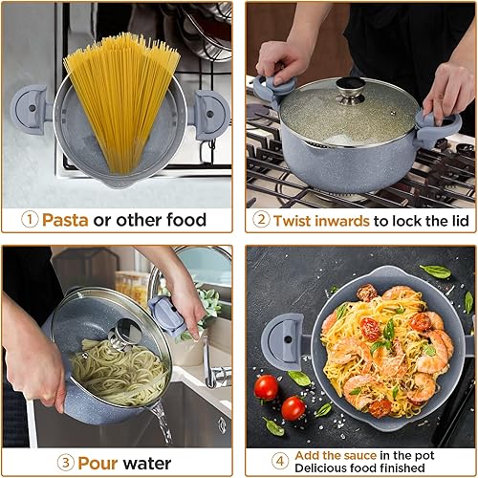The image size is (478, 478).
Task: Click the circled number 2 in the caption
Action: coord(260,219)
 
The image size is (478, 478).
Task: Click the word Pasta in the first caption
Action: coord(67,219)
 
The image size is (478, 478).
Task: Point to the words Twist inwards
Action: coord(320,219)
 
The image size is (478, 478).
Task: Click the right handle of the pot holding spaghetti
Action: coord(210,113)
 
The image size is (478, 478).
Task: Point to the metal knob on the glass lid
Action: coord(351,89)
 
